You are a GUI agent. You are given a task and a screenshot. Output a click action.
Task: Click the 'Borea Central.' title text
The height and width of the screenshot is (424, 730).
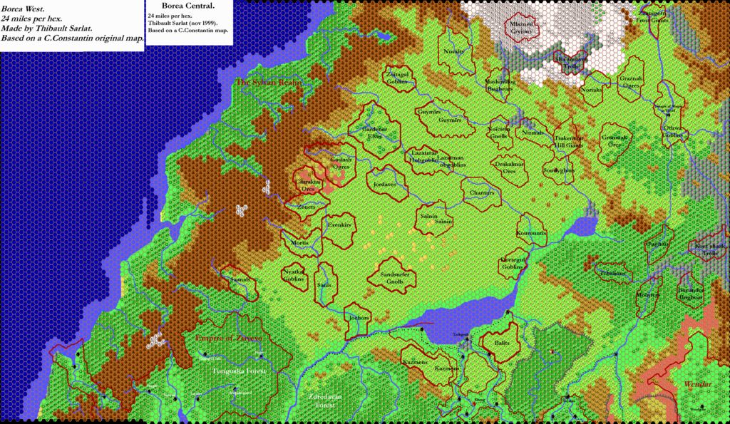point(189,6)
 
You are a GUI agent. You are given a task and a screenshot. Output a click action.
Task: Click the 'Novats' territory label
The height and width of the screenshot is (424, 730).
point(455,51)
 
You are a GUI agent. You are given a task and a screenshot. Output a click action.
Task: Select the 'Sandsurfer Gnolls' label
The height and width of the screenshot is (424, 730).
point(396,277)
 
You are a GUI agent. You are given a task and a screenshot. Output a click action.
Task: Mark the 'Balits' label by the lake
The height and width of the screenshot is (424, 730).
point(503,343)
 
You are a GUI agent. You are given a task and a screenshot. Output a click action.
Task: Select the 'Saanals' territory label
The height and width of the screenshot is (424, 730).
point(239,281)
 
